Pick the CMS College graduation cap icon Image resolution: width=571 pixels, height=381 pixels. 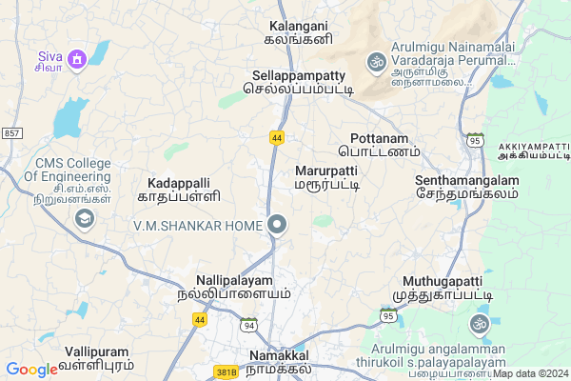[x=85, y=219]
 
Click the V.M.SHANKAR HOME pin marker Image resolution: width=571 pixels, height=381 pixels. [x=278, y=225]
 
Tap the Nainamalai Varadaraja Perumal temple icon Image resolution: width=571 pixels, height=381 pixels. [x=375, y=62]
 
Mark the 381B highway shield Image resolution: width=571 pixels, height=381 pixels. [x=226, y=372]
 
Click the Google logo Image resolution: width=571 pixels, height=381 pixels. [x=31, y=370]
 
